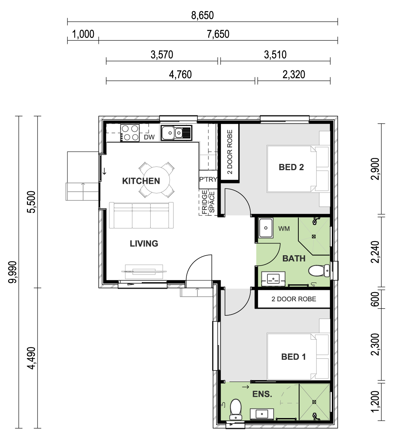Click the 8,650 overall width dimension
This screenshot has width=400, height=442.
coord(202,15)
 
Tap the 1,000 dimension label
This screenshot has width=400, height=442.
coord(83,34)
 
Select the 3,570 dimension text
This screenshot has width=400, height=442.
coord(162,55)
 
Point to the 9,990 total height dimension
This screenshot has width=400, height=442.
coord(13,272)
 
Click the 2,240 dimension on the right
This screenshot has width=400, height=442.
coord(375,252)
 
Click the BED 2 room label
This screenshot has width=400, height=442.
coord(291,167)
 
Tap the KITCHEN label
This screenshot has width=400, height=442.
coord(141,181)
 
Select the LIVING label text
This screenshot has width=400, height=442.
coord(144,243)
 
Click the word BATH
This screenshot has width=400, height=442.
coord(294,259)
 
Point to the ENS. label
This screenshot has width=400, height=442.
coord(262,394)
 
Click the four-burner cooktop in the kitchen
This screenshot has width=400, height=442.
coord(130,133)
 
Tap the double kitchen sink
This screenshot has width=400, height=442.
coord(176,133)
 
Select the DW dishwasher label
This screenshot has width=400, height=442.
coord(149,137)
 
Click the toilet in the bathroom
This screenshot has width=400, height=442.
coord(319,271)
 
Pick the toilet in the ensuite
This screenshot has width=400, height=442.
coord(236,409)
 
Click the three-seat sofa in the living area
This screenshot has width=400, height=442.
coord(141,215)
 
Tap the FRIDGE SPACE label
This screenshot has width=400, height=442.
coord(208,202)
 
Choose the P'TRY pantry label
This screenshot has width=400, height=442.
coord(208,179)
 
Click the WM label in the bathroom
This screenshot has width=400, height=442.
coord(284,229)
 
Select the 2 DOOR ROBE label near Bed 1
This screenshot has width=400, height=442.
coord(294,299)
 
